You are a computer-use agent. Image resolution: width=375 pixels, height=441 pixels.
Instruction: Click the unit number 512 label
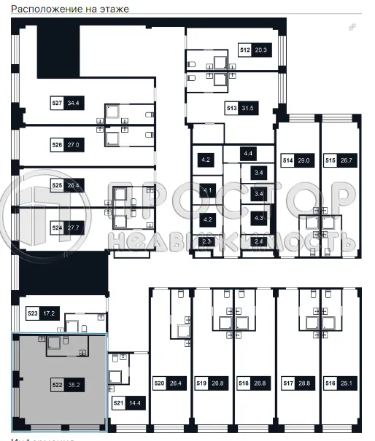(245, 50)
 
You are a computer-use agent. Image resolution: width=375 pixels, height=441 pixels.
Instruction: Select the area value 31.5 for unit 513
(250, 109)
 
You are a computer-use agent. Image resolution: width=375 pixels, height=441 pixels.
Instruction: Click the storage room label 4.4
(249, 153)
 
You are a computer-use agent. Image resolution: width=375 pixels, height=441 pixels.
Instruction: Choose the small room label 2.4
(257, 241)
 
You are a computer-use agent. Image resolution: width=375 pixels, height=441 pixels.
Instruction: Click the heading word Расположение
(34, 9)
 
